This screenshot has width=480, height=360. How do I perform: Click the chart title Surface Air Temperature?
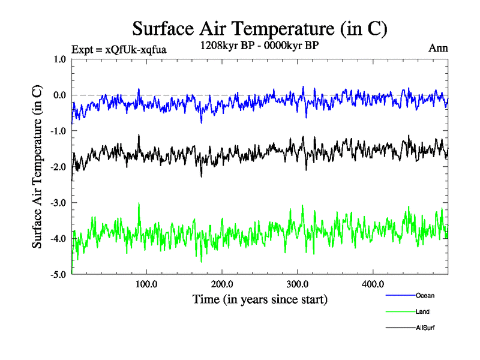259,28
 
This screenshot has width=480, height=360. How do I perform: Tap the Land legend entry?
422,311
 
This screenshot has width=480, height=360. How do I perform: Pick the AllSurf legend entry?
425,328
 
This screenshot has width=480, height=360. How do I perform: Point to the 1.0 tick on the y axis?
59,59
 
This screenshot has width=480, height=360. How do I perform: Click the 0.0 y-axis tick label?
59,95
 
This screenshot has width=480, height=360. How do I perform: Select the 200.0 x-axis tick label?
222,284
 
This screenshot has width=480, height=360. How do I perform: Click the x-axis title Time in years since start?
260,298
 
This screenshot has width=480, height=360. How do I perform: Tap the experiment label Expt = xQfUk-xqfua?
119,50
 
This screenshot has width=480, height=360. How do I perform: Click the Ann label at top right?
438,49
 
